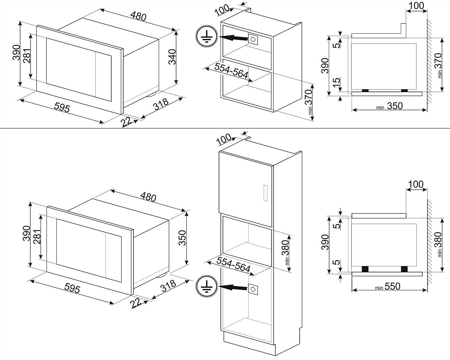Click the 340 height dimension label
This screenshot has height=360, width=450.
pos(172,57)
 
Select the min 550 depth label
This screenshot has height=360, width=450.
pos(389,286)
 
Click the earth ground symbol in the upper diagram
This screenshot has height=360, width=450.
pos(206,37)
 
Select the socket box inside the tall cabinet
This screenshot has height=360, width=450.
pos(253,289)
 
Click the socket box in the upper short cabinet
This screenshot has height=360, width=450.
pos(253,39)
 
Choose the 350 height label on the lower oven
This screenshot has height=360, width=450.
pos(182,238)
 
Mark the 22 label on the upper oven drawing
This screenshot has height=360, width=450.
pos(127,122)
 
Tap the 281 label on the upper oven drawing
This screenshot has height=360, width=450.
pos(26,56)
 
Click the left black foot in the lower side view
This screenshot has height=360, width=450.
pos(365,269)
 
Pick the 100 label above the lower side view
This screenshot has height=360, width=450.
pos(416,184)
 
